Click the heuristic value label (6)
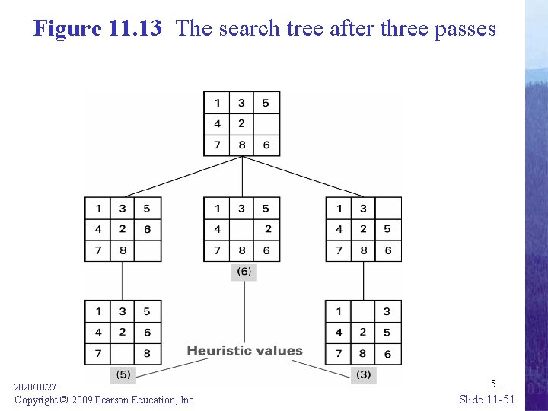(x=244, y=272)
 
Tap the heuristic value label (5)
(x=123, y=374)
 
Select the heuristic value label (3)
(x=363, y=374)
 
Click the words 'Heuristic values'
(x=244, y=351)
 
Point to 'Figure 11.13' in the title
(x=97, y=29)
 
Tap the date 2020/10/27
(x=36, y=387)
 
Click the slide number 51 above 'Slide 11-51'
(x=495, y=384)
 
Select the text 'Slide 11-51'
(x=487, y=400)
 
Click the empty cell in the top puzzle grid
(x=266, y=124)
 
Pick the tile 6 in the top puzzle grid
(x=266, y=145)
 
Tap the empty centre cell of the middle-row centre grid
(x=242, y=229)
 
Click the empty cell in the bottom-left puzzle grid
(x=123, y=354)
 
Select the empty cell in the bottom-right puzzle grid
(x=363, y=311)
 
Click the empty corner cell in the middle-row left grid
(x=148, y=250)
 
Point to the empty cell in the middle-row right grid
(x=388, y=208)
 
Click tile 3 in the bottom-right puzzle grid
(x=387, y=311)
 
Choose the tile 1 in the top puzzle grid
(x=217, y=103)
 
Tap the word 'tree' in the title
(x=302, y=29)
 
